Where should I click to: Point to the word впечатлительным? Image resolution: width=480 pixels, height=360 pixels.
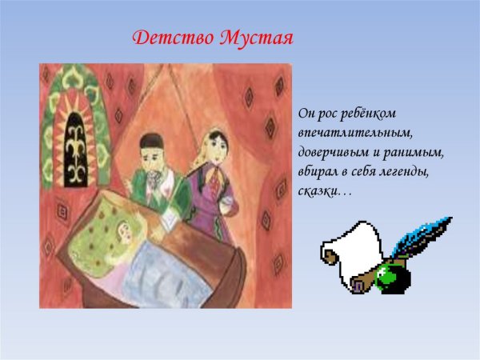[x=343, y=134]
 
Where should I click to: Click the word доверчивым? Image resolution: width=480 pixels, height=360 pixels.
[x=334, y=153]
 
